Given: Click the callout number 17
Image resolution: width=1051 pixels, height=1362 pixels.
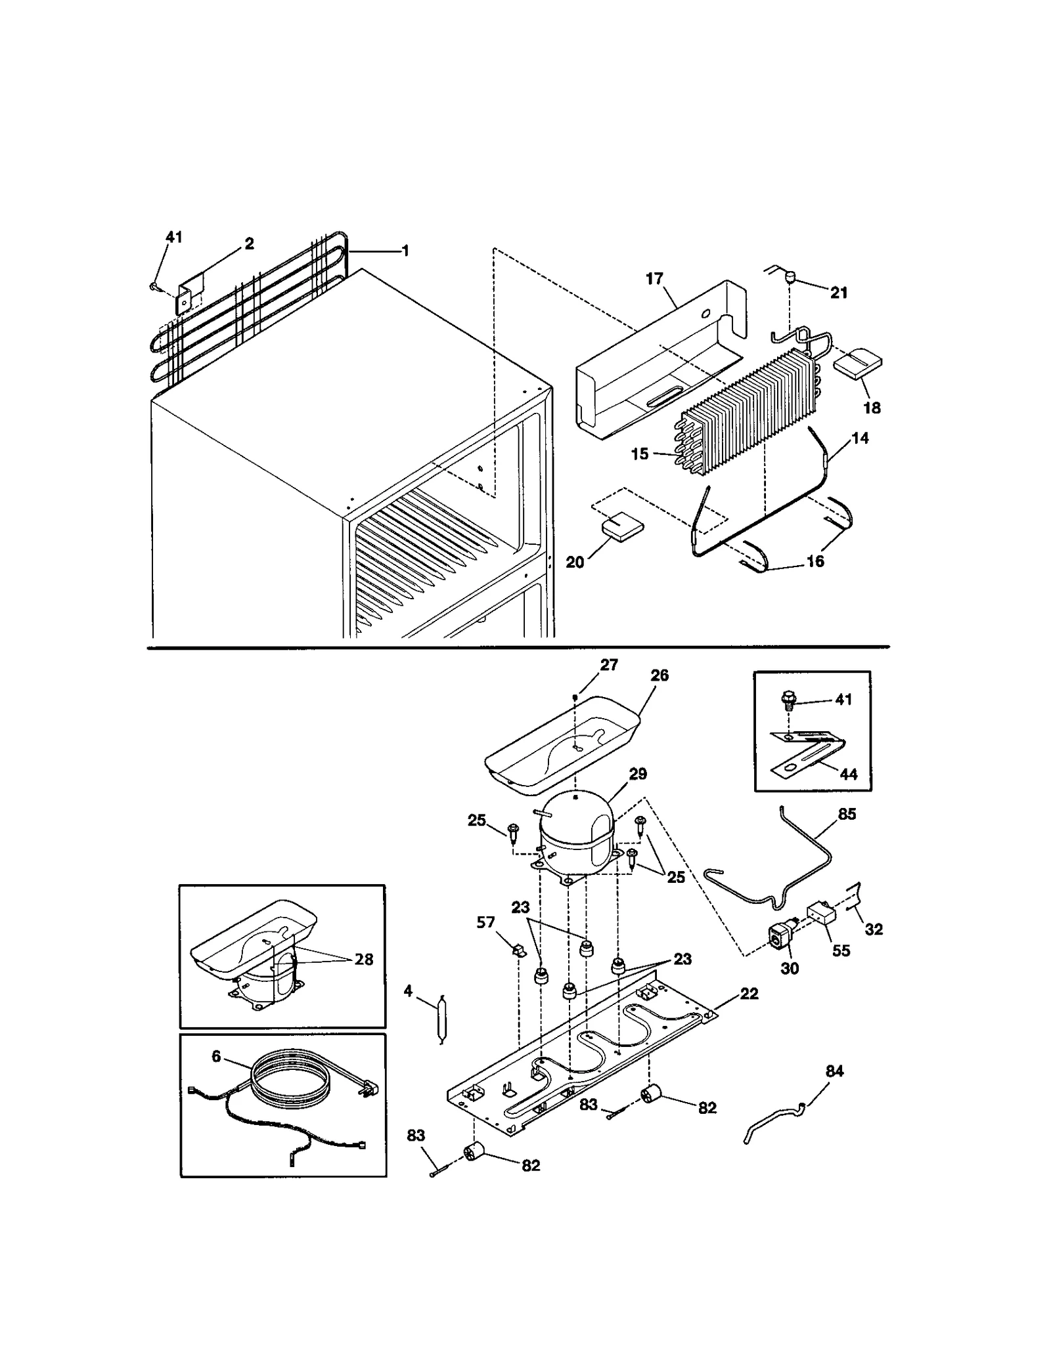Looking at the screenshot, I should click(654, 278).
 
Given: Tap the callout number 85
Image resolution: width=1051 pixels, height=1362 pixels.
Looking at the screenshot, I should click(847, 814).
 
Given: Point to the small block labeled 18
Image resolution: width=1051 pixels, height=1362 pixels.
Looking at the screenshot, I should click(857, 365).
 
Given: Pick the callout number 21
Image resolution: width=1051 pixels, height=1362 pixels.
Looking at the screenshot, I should click(839, 293).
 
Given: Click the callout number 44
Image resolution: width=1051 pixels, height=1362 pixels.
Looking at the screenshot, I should click(849, 775).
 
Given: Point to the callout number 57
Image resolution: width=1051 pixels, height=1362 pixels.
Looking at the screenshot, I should click(485, 923).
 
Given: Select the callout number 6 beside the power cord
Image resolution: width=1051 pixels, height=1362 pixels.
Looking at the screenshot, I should click(216, 1075).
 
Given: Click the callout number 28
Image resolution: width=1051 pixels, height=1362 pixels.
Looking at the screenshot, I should click(363, 959).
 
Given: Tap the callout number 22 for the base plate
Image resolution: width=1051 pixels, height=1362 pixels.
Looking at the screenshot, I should click(749, 994).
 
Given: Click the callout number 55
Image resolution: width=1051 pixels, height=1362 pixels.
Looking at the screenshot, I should click(841, 951).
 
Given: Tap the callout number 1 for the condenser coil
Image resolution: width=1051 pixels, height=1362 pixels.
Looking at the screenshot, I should click(405, 251).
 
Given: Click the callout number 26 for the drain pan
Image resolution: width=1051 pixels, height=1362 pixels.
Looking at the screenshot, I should click(659, 675).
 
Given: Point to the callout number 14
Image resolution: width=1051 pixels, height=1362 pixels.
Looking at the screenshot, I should click(860, 438).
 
